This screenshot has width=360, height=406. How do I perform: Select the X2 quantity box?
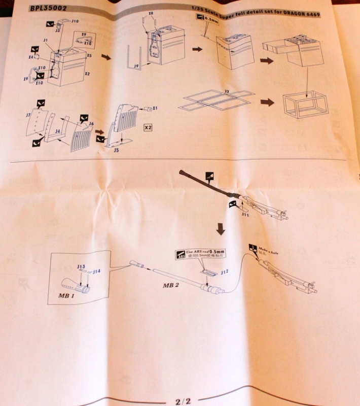point(148,127)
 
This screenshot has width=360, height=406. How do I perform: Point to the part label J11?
point(246,215)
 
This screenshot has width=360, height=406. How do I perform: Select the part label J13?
point(81,266)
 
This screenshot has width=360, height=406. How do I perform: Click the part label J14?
point(96,272)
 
